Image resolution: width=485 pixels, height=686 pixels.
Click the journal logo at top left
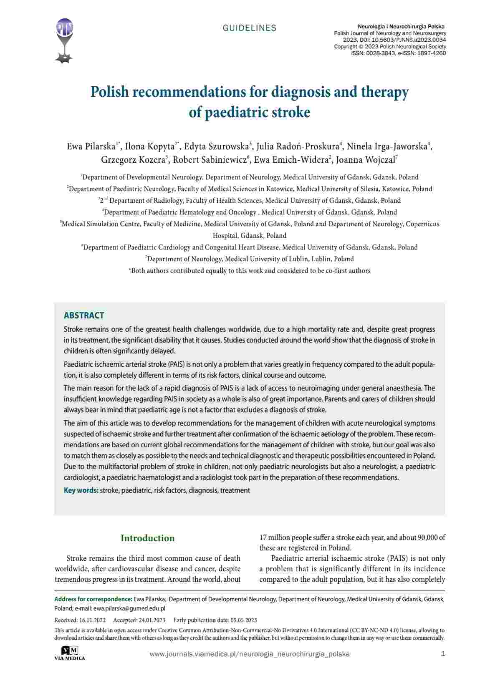pos(64,40)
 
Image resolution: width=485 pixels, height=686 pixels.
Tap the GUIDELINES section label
pos(250,28)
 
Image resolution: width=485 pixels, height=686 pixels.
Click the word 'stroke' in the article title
pos(291,112)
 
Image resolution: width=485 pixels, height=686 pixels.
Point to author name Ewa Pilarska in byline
pos(91,146)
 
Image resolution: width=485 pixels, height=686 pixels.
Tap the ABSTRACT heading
pos(84,315)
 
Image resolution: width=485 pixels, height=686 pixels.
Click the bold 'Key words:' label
pos(81,490)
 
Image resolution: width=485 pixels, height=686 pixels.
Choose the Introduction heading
pos(147,538)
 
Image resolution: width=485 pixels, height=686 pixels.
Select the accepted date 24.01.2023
pos(152,620)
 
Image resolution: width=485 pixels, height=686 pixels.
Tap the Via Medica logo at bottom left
pos(69,653)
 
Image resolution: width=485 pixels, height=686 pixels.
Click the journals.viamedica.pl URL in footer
pos(249,654)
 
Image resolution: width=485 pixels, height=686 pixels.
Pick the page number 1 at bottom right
pos(443,654)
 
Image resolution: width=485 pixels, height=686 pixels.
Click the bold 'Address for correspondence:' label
pos(93,599)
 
